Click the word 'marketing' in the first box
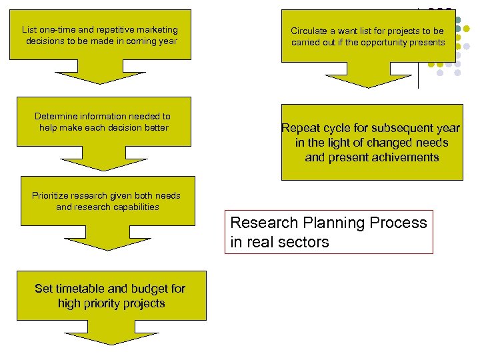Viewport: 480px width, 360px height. pos(158,29)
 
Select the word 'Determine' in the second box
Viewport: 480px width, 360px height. pos(56,116)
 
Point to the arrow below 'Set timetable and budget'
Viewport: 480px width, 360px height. pos(110,329)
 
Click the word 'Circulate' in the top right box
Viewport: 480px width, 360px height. pos(310,31)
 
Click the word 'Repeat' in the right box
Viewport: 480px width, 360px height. pos(300,128)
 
